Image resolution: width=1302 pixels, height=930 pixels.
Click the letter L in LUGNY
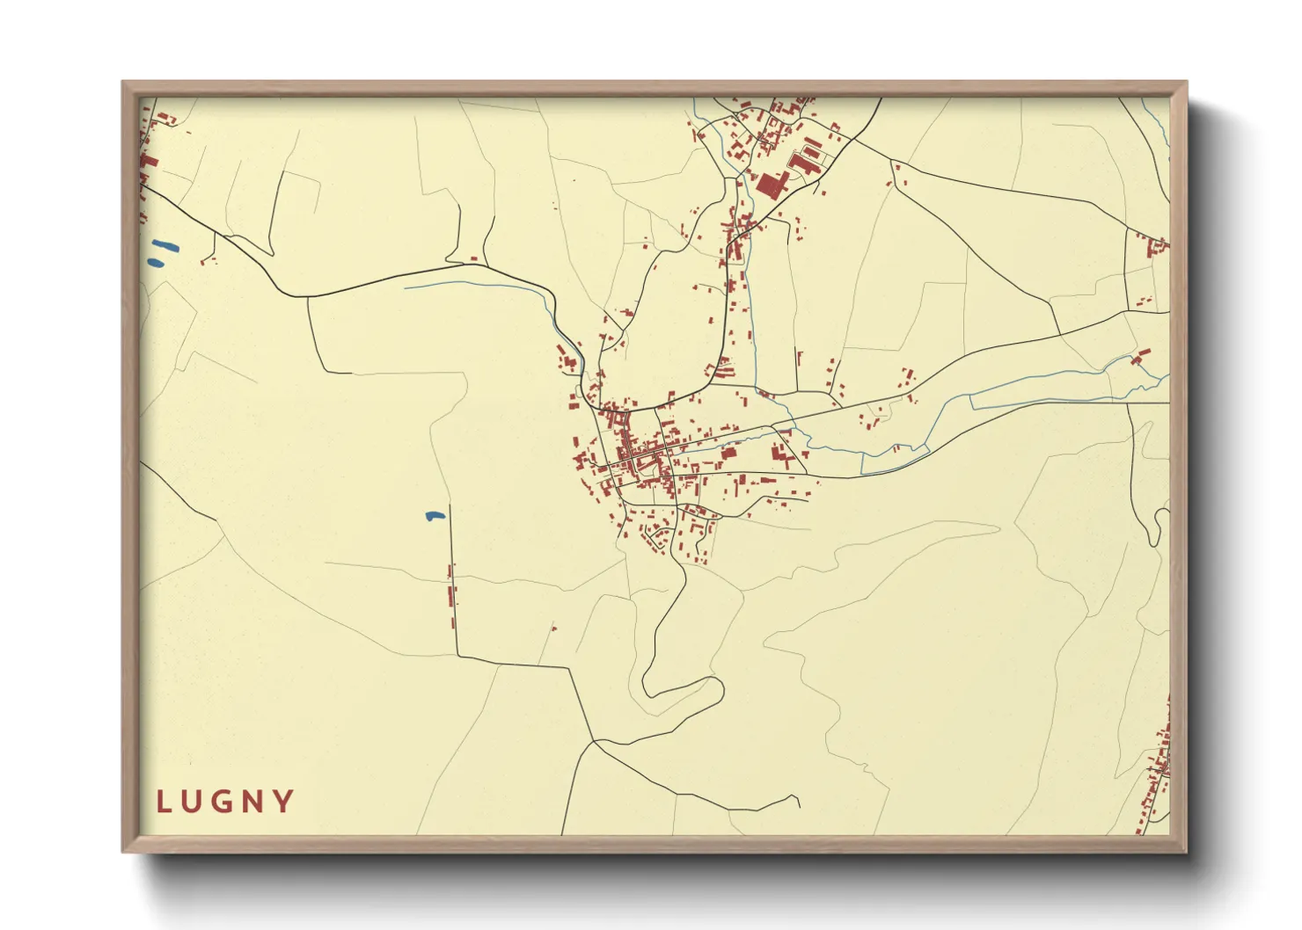(x=163, y=802)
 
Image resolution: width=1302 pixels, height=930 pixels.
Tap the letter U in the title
(x=193, y=802)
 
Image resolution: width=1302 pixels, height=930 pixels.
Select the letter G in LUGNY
(x=223, y=802)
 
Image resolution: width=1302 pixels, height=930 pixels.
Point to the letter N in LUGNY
(x=254, y=802)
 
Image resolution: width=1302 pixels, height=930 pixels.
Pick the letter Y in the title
(x=284, y=802)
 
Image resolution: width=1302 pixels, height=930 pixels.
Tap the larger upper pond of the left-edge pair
(x=165, y=246)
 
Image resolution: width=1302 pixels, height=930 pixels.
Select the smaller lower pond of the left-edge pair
(x=156, y=262)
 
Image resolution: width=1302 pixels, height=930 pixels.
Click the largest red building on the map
(x=772, y=185)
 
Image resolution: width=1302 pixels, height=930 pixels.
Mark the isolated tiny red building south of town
(x=553, y=628)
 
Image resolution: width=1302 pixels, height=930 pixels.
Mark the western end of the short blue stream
(x=406, y=286)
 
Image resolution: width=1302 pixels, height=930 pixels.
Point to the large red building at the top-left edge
(x=148, y=163)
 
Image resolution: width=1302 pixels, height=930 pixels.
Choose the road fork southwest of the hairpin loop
(x=595, y=741)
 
